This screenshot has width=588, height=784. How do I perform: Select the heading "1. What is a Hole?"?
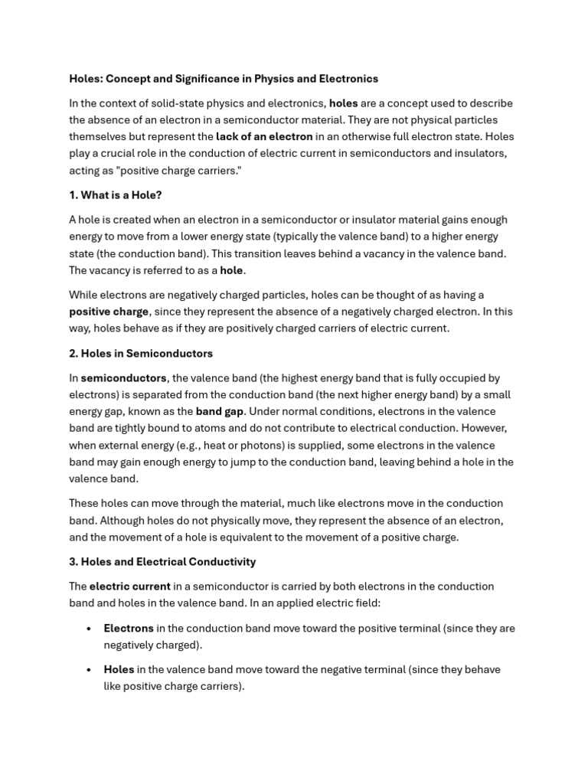point(116,195)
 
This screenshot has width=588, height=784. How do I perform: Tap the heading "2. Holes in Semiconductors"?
point(141,354)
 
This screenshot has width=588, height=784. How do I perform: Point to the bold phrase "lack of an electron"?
point(264,137)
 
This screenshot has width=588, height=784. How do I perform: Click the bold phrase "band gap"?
point(219,412)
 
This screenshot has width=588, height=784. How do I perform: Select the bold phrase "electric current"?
point(129,586)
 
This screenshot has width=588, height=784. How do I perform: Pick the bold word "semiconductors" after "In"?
point(123,378)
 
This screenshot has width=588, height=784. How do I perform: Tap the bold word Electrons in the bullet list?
point(129,629)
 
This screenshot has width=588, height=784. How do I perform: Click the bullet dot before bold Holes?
point(90,670)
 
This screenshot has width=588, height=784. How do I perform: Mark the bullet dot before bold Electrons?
point(90,629)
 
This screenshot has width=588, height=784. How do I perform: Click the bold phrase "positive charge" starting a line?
point(109,312)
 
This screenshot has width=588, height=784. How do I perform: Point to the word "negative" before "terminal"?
point(333,670)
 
